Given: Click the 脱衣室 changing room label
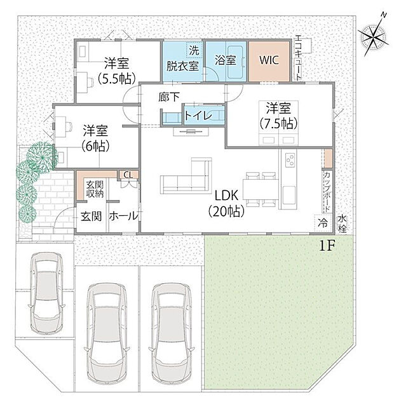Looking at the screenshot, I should [182, 65].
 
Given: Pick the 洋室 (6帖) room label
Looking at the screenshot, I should [95, 137].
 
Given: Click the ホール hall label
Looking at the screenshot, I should [123, 217].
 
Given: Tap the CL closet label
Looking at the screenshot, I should [128, 175].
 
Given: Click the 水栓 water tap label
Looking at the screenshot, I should [344, 222].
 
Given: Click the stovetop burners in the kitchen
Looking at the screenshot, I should [288, 159].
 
